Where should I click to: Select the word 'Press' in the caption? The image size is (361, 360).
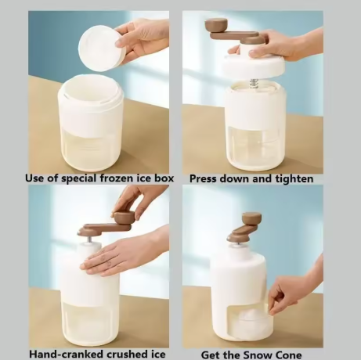206,178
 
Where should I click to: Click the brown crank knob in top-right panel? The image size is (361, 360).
216,26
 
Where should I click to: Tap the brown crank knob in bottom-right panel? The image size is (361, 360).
252,218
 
